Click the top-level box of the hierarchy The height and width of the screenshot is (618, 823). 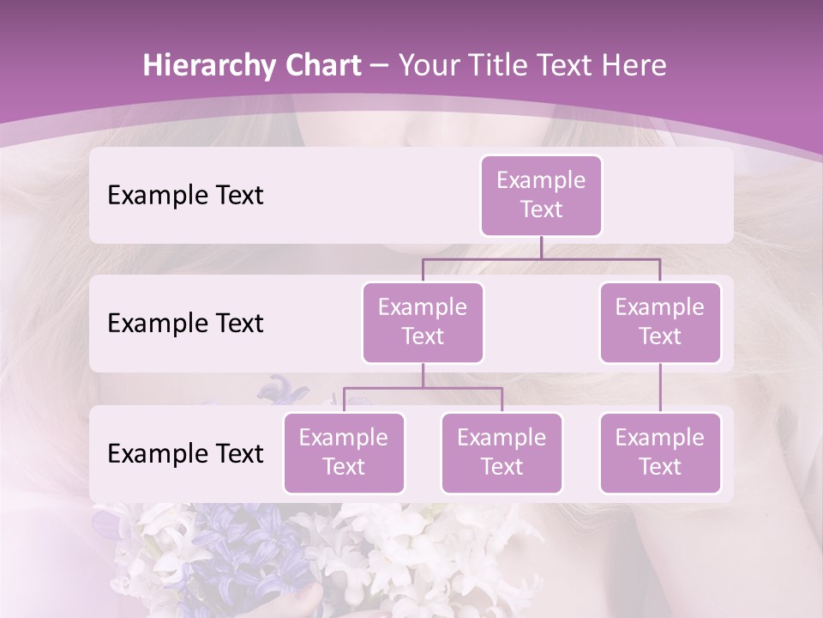541,195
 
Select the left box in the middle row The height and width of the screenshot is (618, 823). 423,322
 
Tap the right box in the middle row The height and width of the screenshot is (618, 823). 660,322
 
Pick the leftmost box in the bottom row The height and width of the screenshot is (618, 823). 344,452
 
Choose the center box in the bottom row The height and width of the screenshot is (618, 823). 502,452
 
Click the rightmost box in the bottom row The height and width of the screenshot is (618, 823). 660,452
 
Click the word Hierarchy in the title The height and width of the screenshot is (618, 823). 207,66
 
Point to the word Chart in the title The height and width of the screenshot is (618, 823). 321,65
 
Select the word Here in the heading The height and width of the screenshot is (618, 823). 634,65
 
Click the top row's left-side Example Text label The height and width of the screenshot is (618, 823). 185,195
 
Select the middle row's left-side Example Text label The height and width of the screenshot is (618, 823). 185,323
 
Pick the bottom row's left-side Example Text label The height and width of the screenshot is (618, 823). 185,453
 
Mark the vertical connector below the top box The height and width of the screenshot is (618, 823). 541,247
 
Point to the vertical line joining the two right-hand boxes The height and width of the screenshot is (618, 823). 660,387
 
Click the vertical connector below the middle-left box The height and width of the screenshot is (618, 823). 423,375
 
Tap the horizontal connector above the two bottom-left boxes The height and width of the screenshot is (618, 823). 423,388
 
